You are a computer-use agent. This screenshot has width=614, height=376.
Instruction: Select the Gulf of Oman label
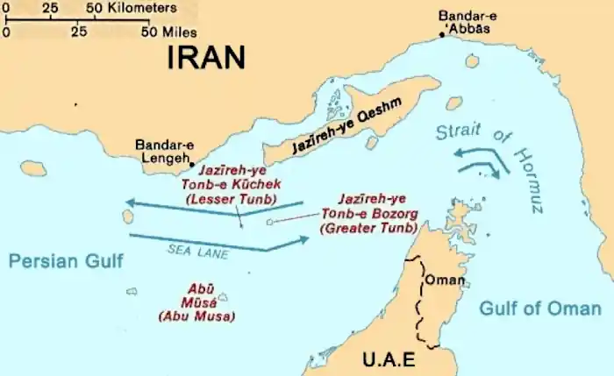click(540, 309)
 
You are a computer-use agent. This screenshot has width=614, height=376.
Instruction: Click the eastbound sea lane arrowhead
click(303, 238)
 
